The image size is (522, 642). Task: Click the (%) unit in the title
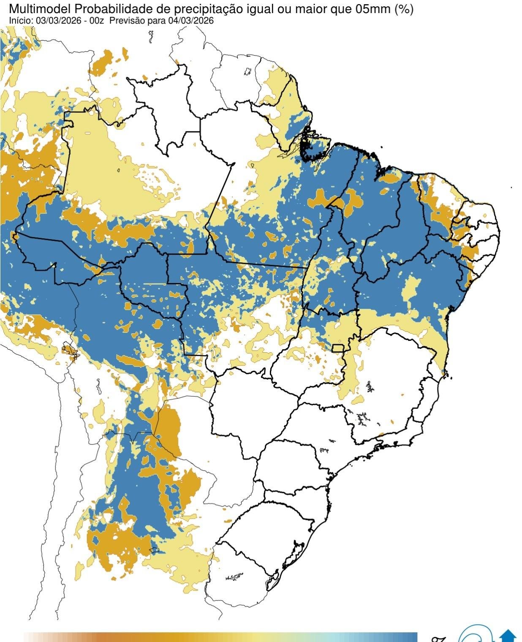[x=404, y=9]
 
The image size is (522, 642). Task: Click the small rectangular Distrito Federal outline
[x=338, y=348]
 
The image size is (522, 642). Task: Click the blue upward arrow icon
[x=508, y=636]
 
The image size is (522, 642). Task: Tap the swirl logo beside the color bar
[x=475, y=635]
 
